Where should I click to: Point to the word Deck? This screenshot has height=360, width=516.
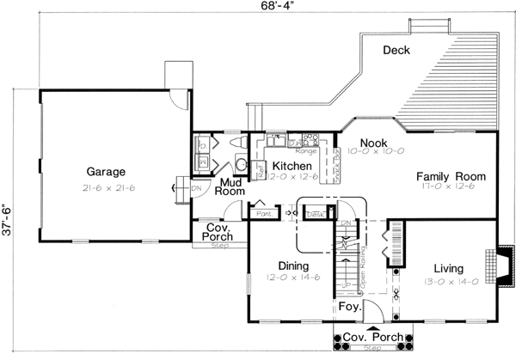point(396,51)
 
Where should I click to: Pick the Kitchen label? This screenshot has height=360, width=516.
point(292,165)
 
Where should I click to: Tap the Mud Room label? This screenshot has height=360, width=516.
point(230,186)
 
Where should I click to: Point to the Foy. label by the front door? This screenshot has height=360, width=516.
point(348,305)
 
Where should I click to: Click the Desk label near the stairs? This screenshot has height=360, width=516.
point(314,214)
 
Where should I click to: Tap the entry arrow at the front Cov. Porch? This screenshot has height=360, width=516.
point(372,327)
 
